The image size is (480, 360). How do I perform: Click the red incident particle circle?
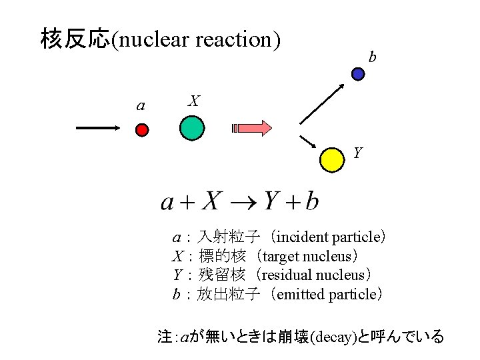[x=142, y=130]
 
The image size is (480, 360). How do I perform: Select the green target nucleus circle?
[x=191, y=128]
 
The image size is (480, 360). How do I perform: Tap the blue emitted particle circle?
[x=358, y=74]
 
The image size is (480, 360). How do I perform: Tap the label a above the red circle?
[x=140, y=105]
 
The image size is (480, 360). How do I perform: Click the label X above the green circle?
[x=193, y=101]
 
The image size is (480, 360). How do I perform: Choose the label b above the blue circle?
[x=372, y=57]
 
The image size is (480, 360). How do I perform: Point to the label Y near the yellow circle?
[x=358, y=153]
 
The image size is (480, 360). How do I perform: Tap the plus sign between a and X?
[x=186, y=201]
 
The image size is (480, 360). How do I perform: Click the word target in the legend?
[x=281, y=256]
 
